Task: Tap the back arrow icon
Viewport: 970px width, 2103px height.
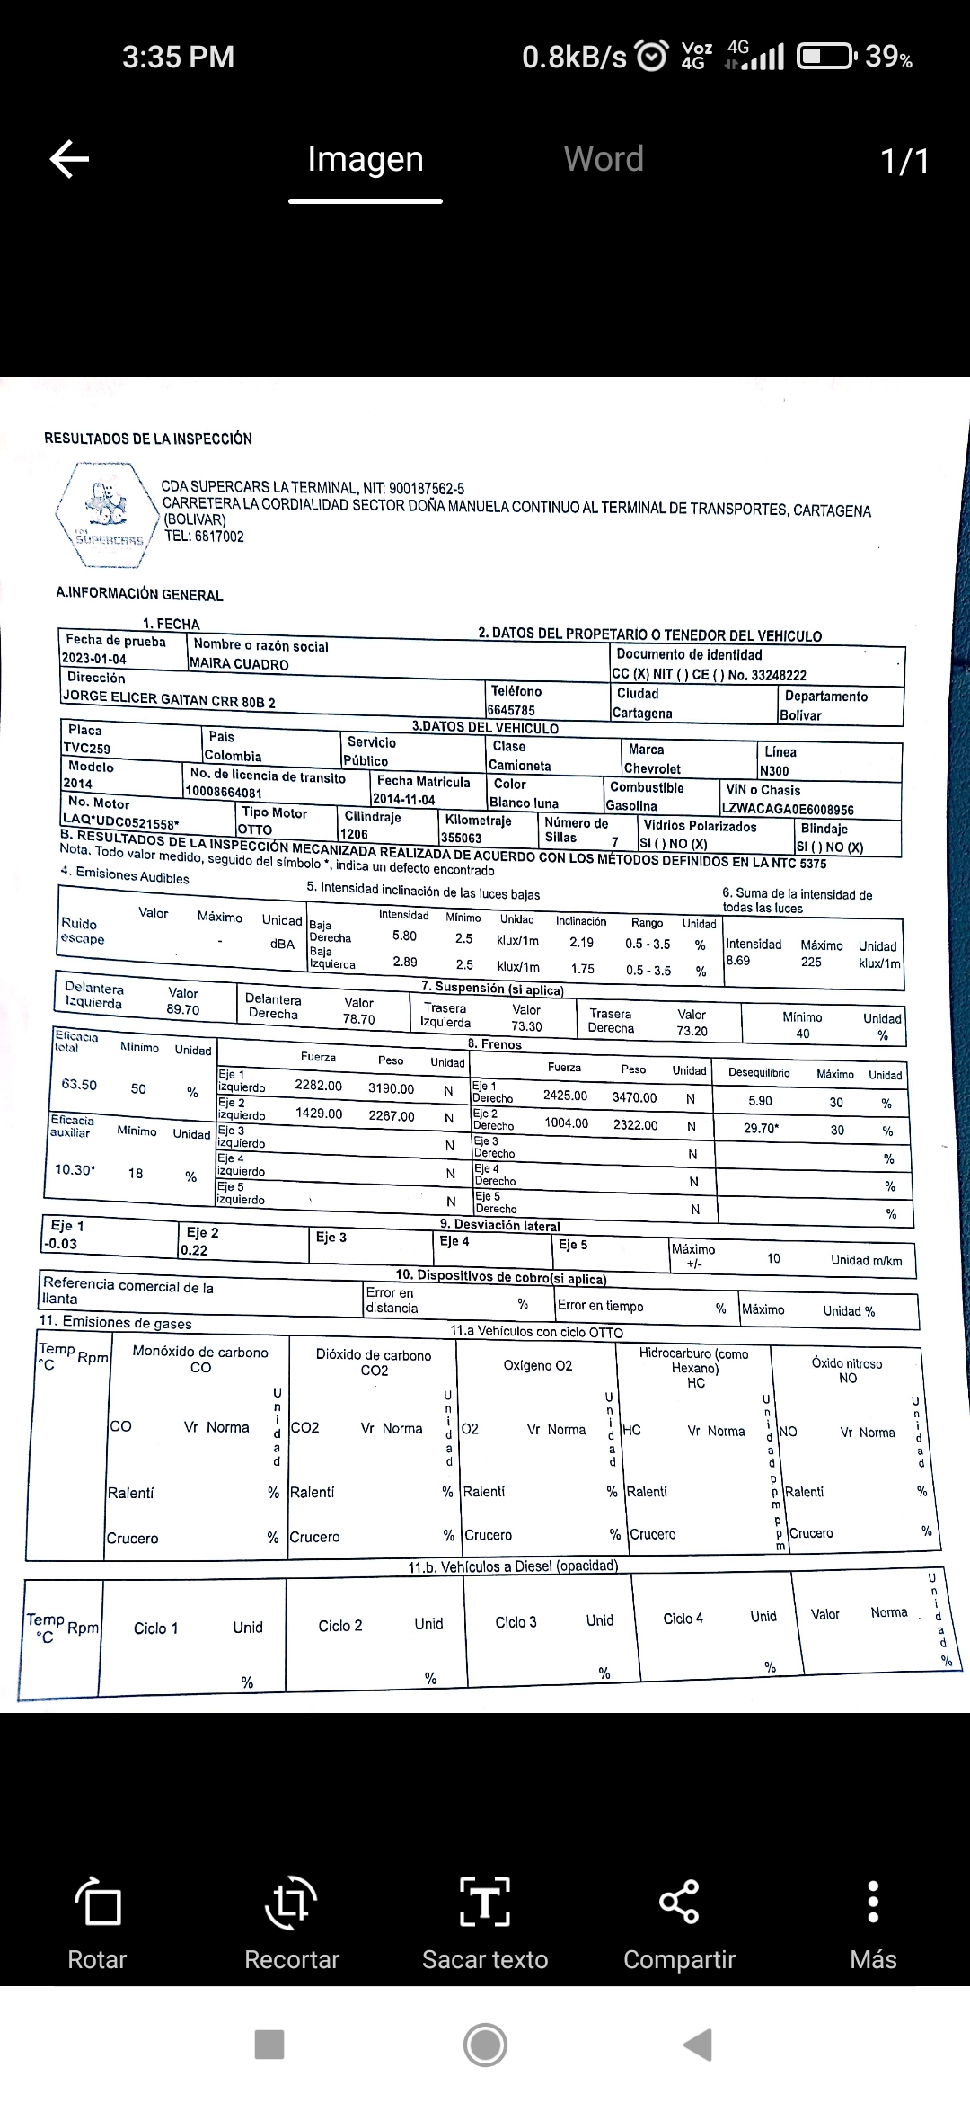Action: coord(69,160)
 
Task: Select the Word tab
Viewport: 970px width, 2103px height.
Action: coord(604,159)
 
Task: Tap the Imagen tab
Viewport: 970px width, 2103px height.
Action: coord(365,159)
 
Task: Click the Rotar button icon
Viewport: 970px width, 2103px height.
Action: coord(98,1903)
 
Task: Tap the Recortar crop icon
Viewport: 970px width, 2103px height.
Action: coord(291,1903)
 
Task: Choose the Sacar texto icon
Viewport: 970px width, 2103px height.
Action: coord(485,1903)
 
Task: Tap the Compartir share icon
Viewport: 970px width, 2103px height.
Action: coord(679,1903)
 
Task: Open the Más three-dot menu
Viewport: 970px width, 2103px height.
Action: coord(873,1903)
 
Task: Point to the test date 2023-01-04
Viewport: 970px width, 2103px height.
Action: coord(94,659)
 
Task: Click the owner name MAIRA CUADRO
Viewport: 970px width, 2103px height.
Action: coord(239,664)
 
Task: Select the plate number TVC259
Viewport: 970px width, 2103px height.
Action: coord(87,748)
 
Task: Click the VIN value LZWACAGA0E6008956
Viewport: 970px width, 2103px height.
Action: coord(788,810)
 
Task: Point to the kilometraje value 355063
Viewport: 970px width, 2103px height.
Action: coord(461,838)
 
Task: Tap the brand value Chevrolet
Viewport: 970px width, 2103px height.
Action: coord(652,769)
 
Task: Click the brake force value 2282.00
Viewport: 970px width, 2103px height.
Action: coord(318,1086)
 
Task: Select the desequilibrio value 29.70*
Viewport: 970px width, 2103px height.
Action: coord(761,1128)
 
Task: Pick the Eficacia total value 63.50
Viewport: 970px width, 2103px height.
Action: coord(79,1085)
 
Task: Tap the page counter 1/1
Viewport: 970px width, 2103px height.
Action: coord(904,162)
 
